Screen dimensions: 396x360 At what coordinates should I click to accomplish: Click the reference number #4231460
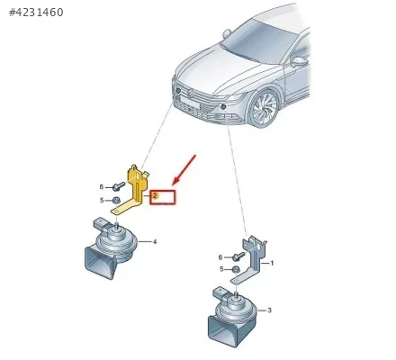click(x=36, y=13)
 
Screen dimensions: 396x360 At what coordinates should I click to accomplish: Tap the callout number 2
click(x=155, y=195)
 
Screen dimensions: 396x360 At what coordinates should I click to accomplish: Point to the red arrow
click(x=184, y=169)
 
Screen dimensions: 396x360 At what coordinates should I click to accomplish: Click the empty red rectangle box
click(x=163, y=197)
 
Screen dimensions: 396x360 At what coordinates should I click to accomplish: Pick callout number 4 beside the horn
click(x=155, y=241)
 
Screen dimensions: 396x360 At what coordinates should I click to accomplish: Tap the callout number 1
click(x=272, y=263)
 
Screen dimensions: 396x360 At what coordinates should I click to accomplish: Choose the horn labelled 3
click(x=231, y=318)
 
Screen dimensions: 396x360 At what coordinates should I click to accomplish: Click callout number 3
click(x=269, y=310)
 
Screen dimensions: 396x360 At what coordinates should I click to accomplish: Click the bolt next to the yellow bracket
click(x=119, y=186)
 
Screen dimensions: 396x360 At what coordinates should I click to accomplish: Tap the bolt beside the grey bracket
click(x=238, y=256)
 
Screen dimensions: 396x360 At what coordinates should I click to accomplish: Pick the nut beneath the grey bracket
click(x=236, y=269)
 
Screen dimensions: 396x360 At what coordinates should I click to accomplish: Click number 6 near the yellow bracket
click(x=102, y=187)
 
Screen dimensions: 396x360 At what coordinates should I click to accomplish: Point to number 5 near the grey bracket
click(x=221, y=269)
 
